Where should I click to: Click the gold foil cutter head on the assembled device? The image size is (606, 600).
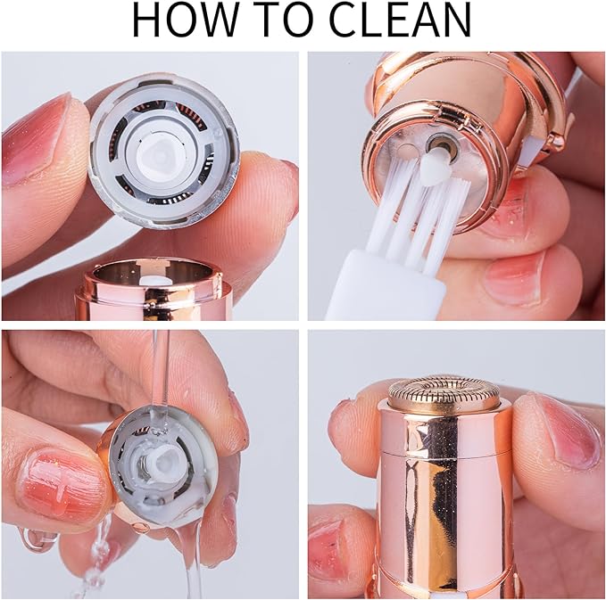pyautogui.click(x=444, y=392)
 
